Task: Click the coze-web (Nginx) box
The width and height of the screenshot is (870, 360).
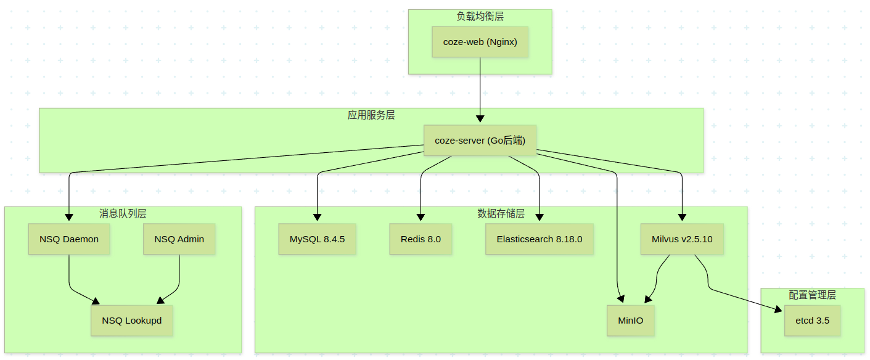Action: (x=480, y=42)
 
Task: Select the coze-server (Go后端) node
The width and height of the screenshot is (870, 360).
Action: (x=480, y=141)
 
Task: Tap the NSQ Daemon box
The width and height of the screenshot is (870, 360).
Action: (x=69, y=239)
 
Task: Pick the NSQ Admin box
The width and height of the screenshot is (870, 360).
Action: (x=179, y=239)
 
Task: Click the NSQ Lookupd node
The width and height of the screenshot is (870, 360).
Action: (x=132, y=321)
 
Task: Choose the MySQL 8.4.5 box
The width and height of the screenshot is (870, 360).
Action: (x=317, y=239)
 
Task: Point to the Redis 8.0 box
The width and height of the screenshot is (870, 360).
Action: (x=421, y=239)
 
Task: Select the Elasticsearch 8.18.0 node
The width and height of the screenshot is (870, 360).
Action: (x=540, y=239)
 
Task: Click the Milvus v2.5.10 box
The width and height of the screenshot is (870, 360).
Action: (x=682, y=239)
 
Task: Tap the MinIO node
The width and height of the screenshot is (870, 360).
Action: (x=630, y=321)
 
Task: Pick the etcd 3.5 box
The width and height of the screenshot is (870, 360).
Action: (x=813, y=321)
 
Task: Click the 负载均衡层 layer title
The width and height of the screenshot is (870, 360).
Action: (x=480, y=17)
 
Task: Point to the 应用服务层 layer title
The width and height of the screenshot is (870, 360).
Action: (x=371, y=115)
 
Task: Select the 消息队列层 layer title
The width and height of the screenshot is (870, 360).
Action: (x=123, y=214)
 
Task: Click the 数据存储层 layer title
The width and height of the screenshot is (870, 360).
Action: (x=501, y=214)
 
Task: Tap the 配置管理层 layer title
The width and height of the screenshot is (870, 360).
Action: (x=813, y=295)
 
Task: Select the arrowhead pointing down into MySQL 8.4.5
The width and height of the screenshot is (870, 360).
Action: (x=317, y=217)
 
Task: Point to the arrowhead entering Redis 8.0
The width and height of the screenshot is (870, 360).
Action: (x=421, y=217)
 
